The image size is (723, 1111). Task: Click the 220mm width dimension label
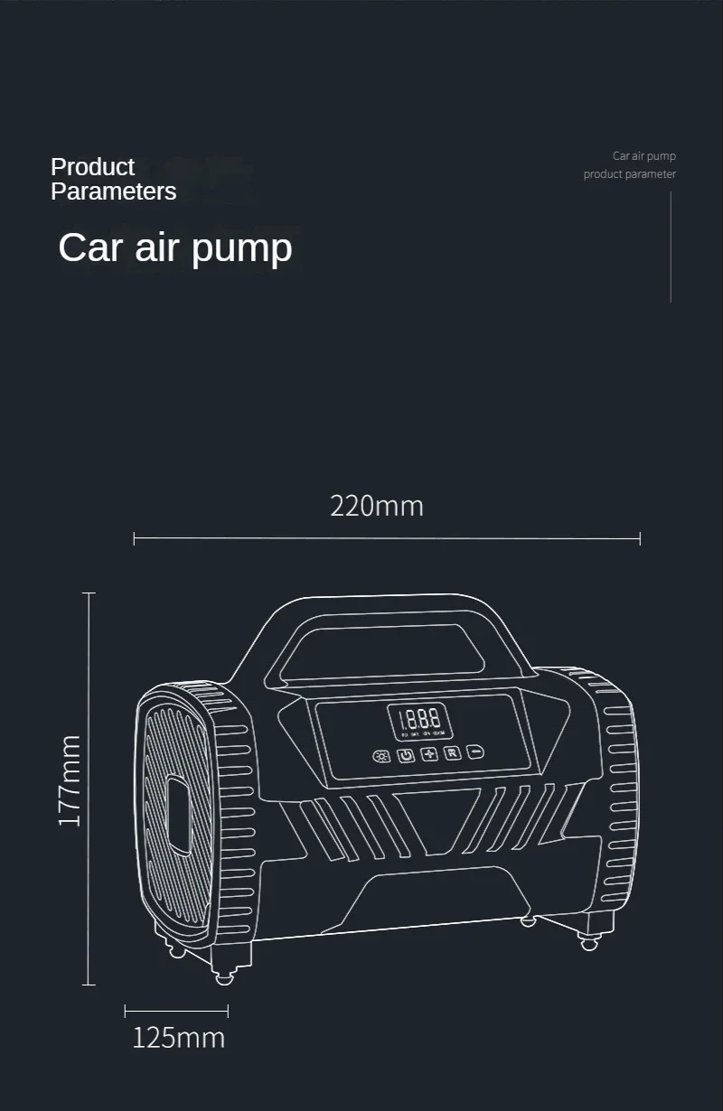(377, 506)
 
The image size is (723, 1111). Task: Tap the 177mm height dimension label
(70, 780)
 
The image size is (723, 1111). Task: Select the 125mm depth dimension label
(178, 1038)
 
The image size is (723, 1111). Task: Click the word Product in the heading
(92, 167)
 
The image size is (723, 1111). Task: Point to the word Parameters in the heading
(113, 191)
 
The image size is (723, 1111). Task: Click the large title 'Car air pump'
(175, 247)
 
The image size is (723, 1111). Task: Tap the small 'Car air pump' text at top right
(643, 156)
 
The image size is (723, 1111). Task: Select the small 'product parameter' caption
(629, 174)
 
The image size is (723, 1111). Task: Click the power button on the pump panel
(406, 754)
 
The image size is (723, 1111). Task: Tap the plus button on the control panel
(429, 753)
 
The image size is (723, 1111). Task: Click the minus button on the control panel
(475, 752)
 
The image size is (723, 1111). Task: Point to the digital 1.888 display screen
(420, 721)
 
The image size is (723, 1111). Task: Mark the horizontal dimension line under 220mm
(387, 538)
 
